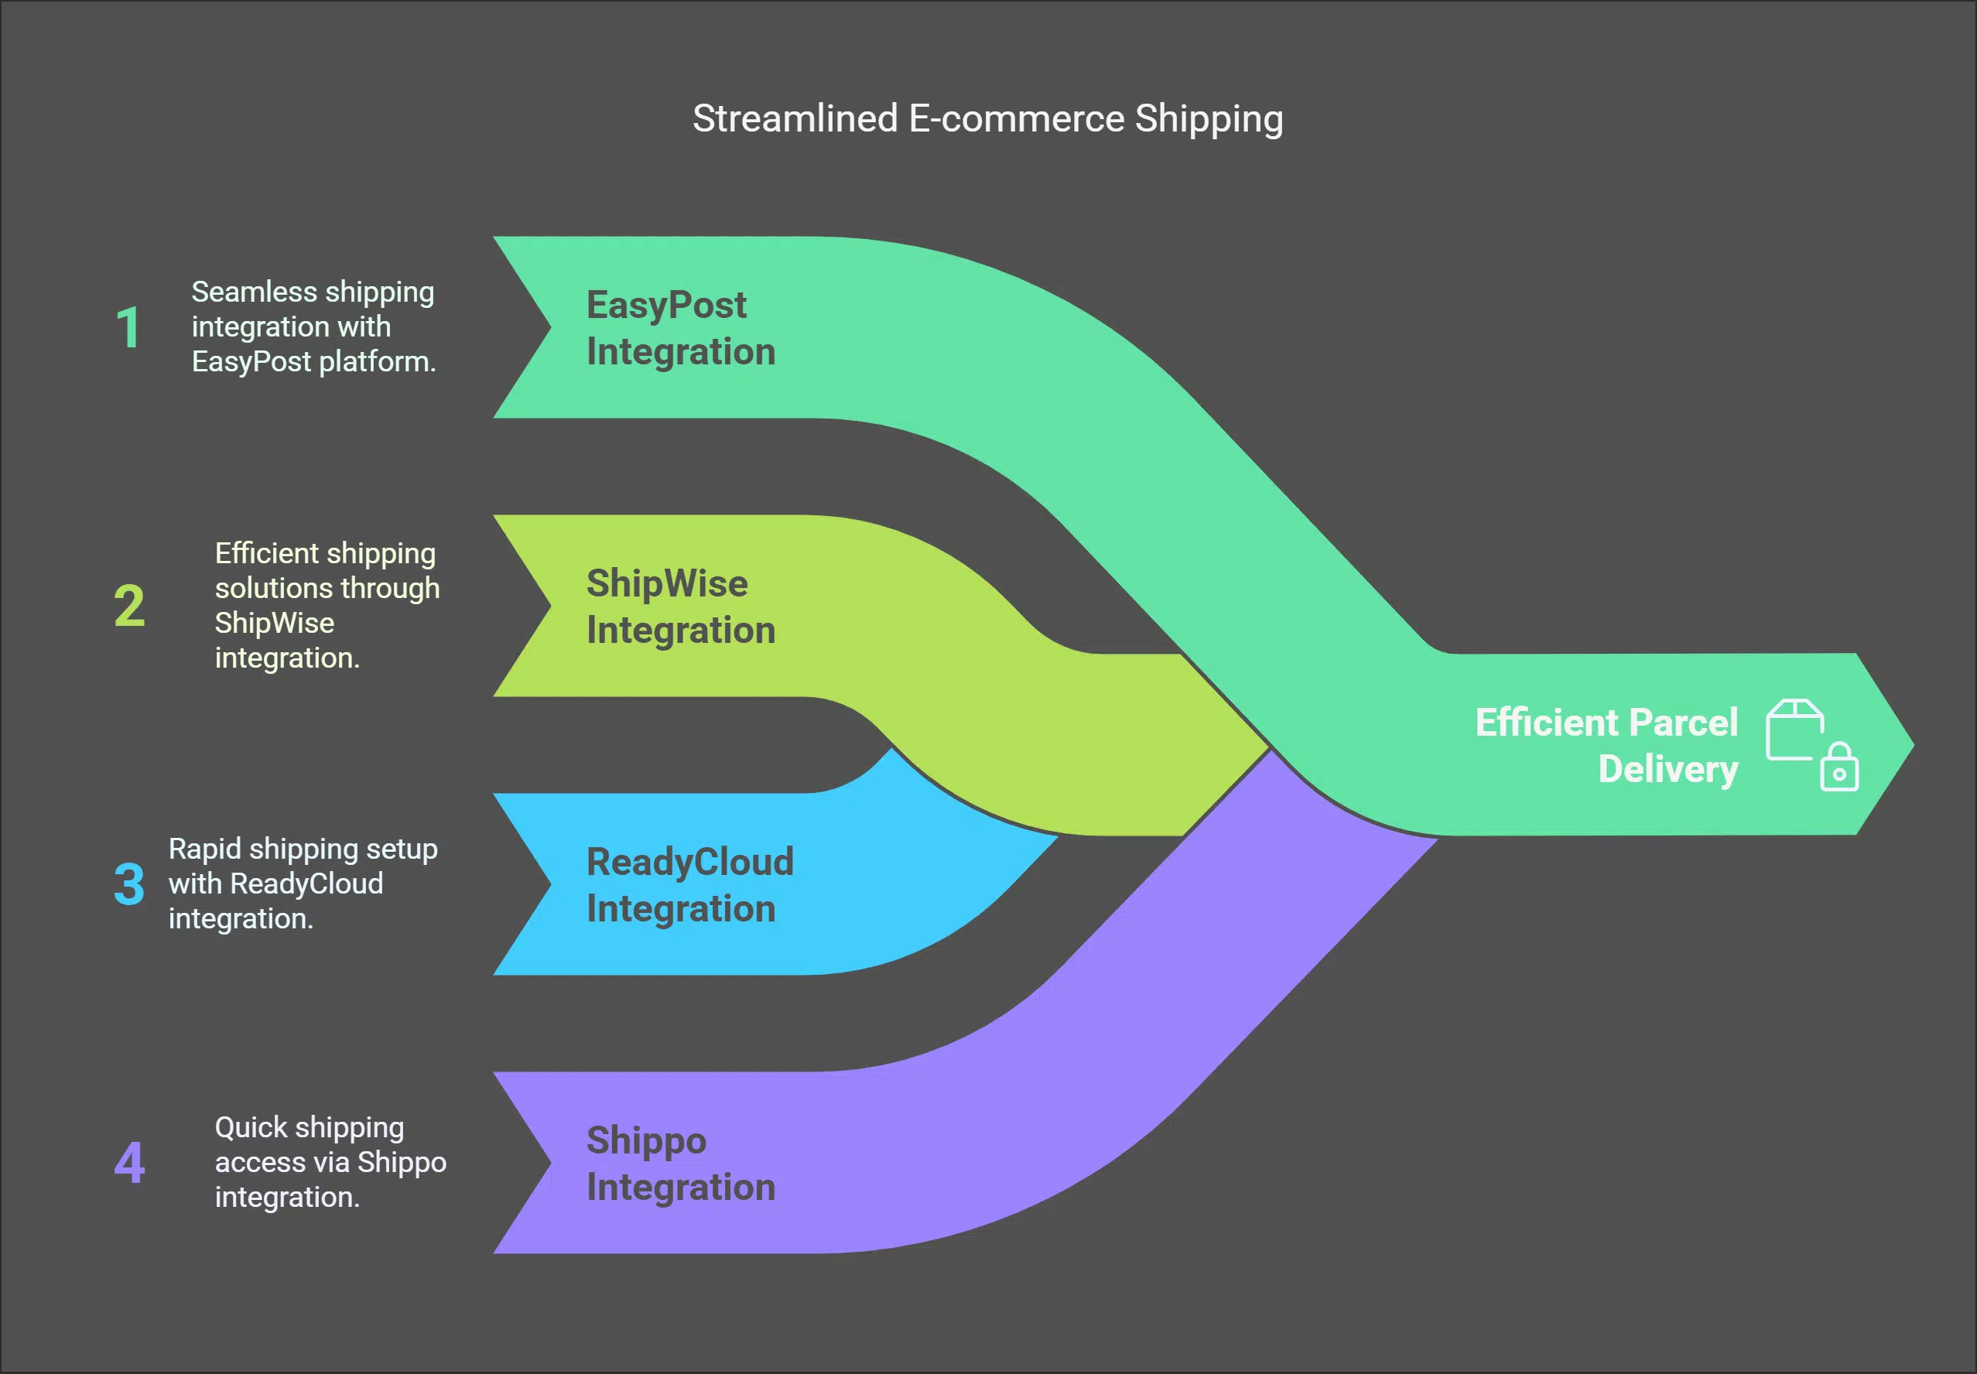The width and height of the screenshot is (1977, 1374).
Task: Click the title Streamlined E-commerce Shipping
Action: [987, 119]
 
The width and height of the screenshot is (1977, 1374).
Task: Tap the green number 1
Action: [128, 328]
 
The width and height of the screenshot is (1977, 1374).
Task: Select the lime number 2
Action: [129, 606]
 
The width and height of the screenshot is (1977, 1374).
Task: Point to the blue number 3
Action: [129, 884]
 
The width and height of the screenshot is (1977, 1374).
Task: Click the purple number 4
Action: [129, 1162]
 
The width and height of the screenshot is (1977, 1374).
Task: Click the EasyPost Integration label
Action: [680, 328]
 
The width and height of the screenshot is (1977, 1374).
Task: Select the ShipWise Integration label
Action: [680, 607]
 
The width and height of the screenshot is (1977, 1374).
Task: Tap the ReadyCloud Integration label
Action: [689, 885]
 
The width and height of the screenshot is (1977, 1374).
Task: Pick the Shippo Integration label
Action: [680, 1163]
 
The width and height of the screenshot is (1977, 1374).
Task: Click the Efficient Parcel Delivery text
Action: [1606, 746]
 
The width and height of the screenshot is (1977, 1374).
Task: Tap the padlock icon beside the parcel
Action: [1839, 768]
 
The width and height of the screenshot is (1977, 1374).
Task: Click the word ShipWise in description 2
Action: [274, 623]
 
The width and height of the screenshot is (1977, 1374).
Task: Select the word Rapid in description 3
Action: [205, 849]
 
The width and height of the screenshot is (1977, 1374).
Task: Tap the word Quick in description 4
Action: [250, 1127]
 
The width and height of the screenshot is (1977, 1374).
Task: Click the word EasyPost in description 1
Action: [251, 361]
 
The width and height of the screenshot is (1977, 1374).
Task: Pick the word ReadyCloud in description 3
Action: [306, 884]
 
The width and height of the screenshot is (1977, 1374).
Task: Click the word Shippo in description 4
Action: [402, 1162]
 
